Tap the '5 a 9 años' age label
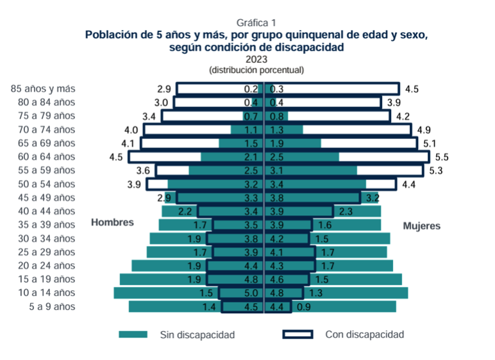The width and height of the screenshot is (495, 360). click(x=51, y=307)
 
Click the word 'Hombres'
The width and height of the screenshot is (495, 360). click(x=112, y=222)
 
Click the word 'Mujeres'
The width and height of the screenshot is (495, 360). click(x=421, y=226)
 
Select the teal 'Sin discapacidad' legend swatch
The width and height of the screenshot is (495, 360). click(x=133, y=334)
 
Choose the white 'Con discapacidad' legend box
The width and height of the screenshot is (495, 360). click(x=298, y=334)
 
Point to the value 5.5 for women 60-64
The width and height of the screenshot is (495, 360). click(x=442, y=157)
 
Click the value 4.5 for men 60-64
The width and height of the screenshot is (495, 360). click(x=117, y=157)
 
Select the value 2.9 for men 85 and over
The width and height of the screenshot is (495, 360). click(x=164, y=89)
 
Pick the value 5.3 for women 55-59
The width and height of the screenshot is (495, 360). click(x=435, y=170)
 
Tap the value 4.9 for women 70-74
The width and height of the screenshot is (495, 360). click(x=423, y=130)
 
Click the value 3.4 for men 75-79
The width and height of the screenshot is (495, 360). click(x=149, y=117)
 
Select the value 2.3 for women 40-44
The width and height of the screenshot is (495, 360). click(x=345, y=211)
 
